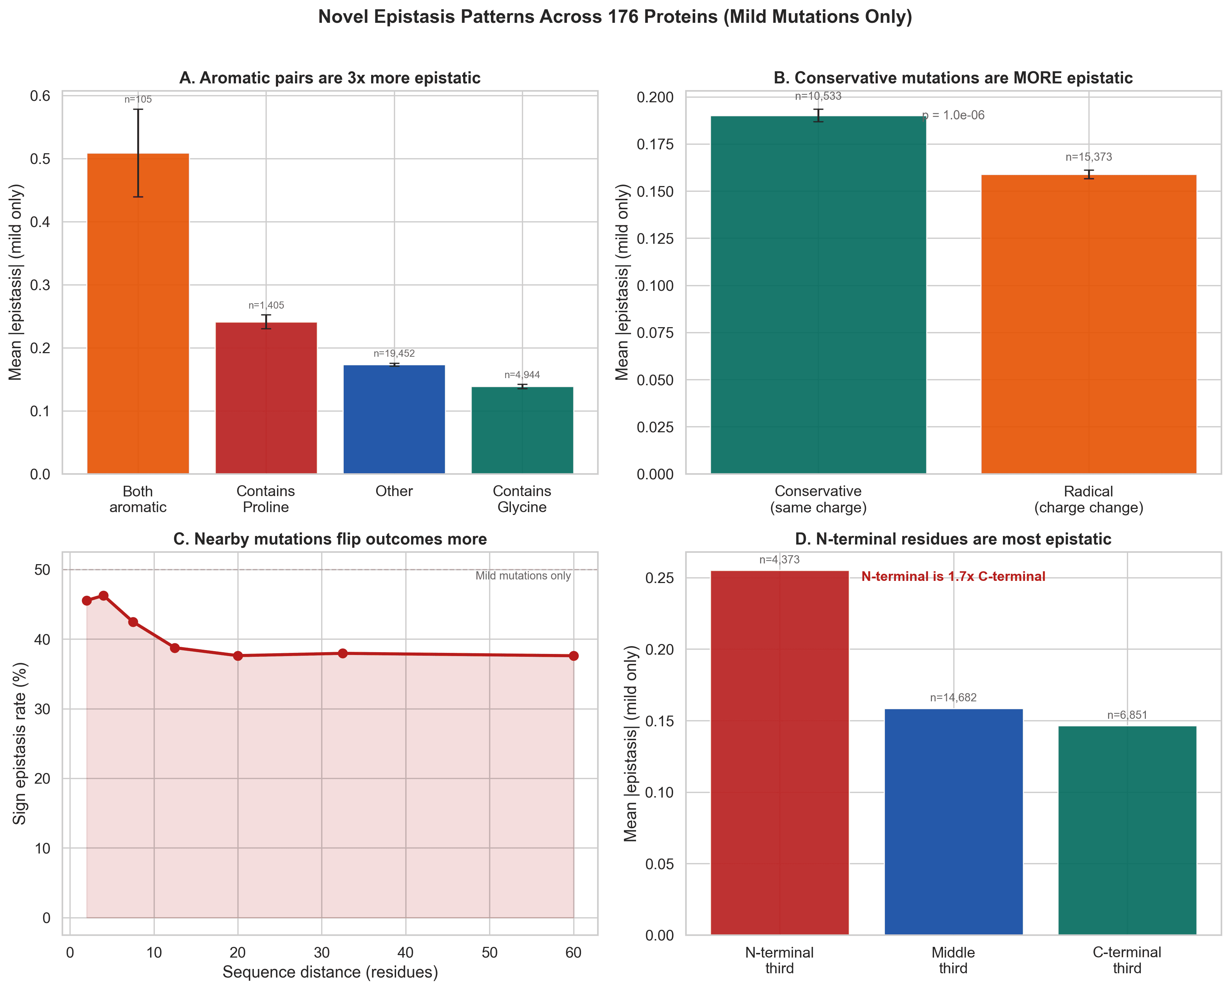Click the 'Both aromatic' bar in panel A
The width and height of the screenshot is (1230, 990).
138,314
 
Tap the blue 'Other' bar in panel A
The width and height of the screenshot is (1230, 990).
394,419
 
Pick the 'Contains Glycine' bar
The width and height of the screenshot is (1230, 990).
522,430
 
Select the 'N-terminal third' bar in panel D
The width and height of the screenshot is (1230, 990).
779,753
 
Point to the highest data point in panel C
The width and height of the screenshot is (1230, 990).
103,596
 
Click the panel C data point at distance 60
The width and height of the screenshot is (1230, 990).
573,656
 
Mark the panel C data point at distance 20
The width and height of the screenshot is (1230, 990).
238,656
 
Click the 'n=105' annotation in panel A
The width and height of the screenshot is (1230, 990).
138,100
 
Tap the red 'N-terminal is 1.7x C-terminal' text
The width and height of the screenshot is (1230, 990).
953,577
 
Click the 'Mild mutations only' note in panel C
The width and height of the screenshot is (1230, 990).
523,576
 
